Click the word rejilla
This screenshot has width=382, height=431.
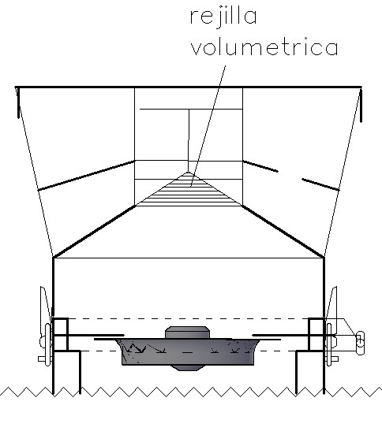click(x=223, y=17)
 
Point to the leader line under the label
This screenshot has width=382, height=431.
click(x=208, y=126)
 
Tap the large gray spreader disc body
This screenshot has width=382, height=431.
click(x=188, y=352)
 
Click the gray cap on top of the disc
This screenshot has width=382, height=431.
click(x=187, y=333)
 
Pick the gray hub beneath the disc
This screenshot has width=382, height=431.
click(x=187, y=368)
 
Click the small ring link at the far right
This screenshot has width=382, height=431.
click(x=360, y=343)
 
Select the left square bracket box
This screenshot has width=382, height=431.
click(x=61, y=335)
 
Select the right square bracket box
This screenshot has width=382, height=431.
click(x=316, y=335)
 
